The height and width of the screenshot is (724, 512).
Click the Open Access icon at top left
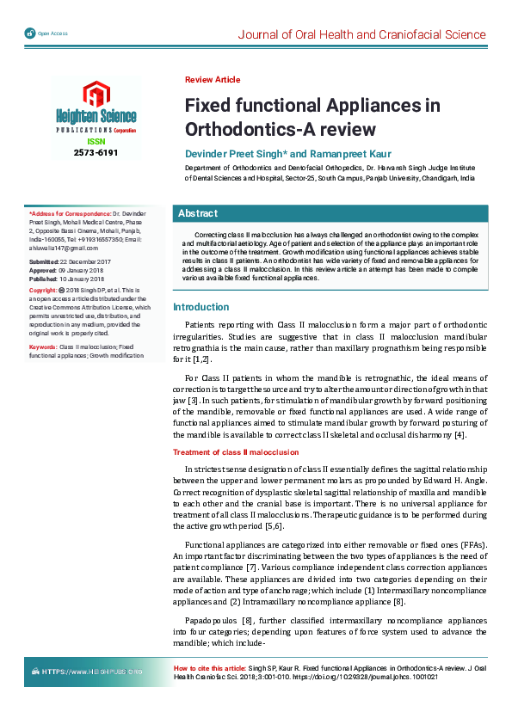31,34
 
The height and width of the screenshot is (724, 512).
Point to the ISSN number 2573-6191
96,152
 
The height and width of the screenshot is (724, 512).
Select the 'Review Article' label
213,80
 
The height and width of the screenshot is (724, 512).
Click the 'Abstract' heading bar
198,213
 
